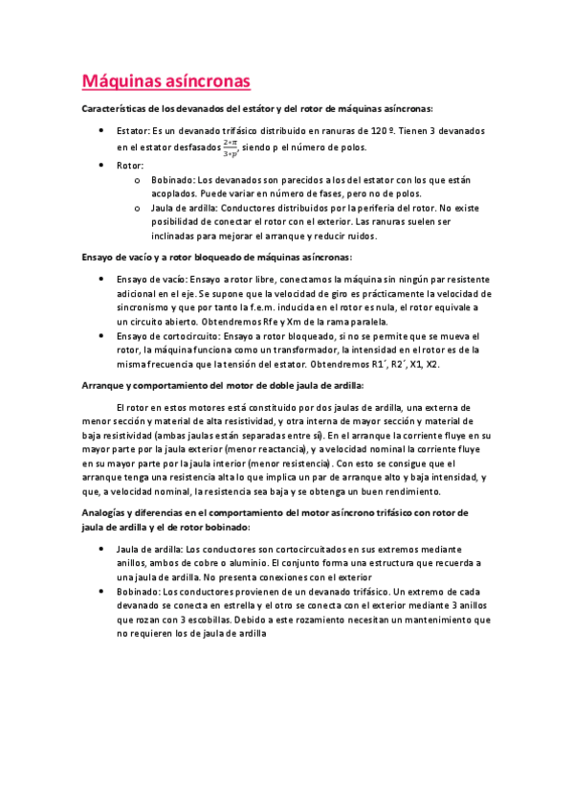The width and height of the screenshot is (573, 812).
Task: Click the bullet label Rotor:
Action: pos(130,165)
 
